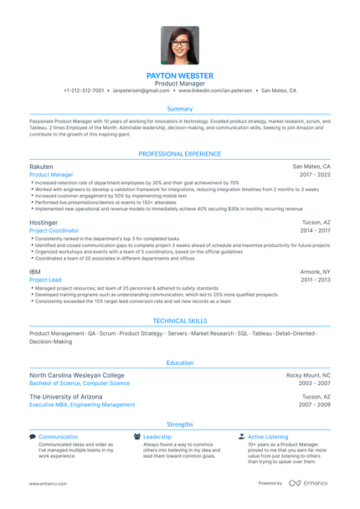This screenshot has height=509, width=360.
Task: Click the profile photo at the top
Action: [180, 45]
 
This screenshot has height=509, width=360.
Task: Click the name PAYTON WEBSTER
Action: [180, 75]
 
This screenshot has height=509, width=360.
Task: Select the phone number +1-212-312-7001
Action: [84, 90]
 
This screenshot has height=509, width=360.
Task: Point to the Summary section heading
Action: [180, 109]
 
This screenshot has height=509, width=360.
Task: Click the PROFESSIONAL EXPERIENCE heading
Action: [180, 154]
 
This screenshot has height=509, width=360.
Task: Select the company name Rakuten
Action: [41, 167]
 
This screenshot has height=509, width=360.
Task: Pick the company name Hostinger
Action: [44, 222]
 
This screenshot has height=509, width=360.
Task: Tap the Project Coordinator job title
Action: [54, 230]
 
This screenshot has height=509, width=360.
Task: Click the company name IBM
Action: [35, 272]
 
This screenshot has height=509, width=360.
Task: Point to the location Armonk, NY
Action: [315, 272]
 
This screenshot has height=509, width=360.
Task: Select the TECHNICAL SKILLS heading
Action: [180, 321]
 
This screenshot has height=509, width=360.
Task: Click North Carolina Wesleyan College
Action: [76, 375]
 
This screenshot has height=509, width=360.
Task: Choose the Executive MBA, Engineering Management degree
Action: [82, 404]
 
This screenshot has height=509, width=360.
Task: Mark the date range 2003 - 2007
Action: [316, 383]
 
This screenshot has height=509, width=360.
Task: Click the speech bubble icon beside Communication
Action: [33, 437]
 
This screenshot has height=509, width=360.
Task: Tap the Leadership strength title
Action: [157, 437]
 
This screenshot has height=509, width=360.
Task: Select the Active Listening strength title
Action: [268, 437]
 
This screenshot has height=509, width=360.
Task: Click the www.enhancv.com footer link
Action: [48, 484]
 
